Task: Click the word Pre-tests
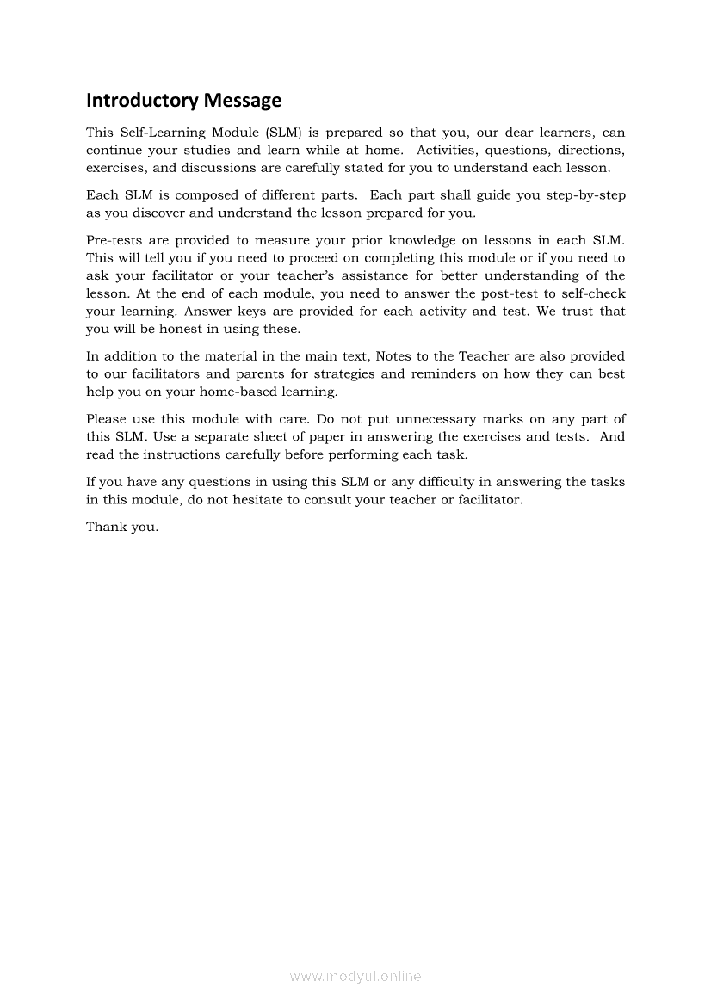tap(114, 240)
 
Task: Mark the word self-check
tap(592, 293)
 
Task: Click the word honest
tap(181, 329)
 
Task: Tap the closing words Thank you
tap(122, 527)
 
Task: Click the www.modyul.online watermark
tap(355, 976)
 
